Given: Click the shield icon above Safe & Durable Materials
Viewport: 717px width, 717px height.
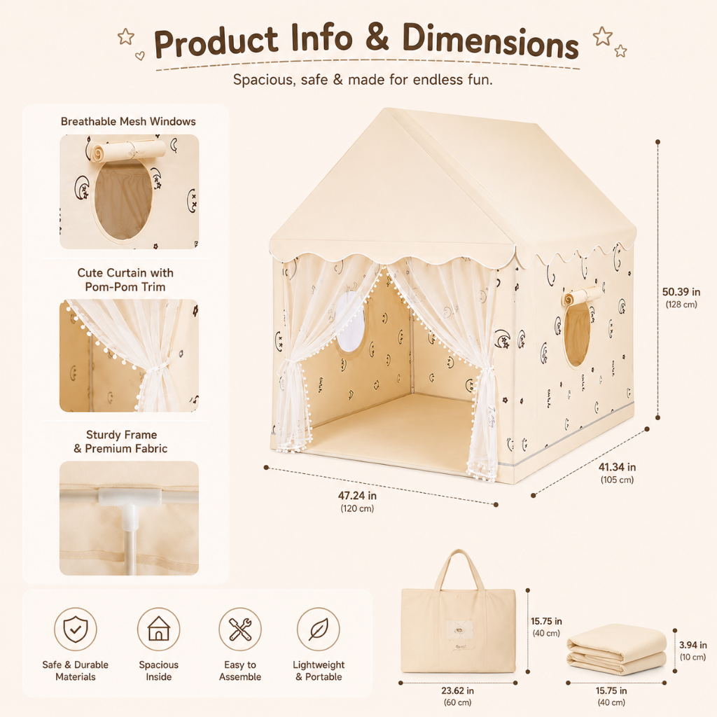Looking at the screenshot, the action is pos(76,629).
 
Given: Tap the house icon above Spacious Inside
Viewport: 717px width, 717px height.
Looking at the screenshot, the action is pos(159,629).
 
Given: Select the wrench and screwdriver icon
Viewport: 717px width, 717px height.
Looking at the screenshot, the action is pos(240,629).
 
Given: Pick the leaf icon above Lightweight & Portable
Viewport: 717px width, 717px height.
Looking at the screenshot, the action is pos(319,629).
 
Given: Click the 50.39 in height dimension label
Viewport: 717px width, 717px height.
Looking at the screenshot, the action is pos(681,292).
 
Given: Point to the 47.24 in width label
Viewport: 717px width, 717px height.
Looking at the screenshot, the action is pos(357,495).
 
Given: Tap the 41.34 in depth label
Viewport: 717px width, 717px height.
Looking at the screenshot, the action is pos(618,467).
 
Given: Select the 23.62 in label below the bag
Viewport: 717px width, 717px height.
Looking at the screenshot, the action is pos(457,690).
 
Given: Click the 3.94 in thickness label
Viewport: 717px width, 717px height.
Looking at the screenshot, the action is pos(692,645).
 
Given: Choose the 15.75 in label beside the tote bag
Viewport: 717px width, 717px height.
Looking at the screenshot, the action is pos(546,621).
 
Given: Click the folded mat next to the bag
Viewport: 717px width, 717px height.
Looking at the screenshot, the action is pos(616,649).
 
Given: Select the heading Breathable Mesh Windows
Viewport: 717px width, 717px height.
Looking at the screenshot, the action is pos(128,121).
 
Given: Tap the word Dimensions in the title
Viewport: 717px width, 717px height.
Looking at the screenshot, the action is pos(491,42).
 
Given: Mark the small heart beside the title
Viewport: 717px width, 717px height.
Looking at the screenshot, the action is pos(140,56).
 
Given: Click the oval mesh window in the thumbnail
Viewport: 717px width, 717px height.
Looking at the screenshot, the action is pos(123,201).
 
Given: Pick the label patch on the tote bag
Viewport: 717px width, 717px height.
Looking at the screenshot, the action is pos(459,633).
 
